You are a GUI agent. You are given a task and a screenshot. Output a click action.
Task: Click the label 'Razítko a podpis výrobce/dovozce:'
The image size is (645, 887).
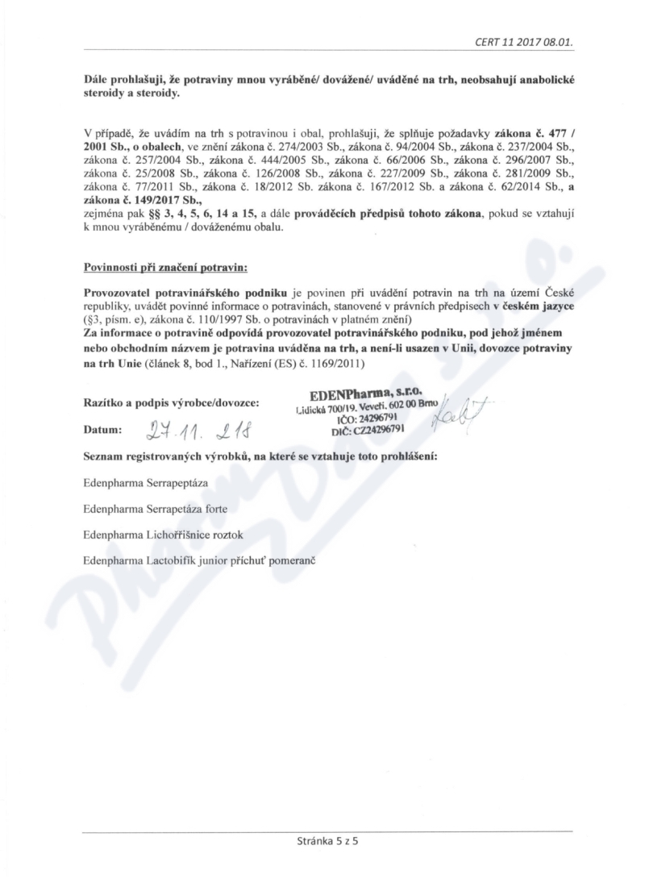pyautogui.click(x=171, y=402)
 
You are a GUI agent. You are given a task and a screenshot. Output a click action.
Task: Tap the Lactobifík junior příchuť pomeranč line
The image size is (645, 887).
pyautogui.click(x=198, y=559)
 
